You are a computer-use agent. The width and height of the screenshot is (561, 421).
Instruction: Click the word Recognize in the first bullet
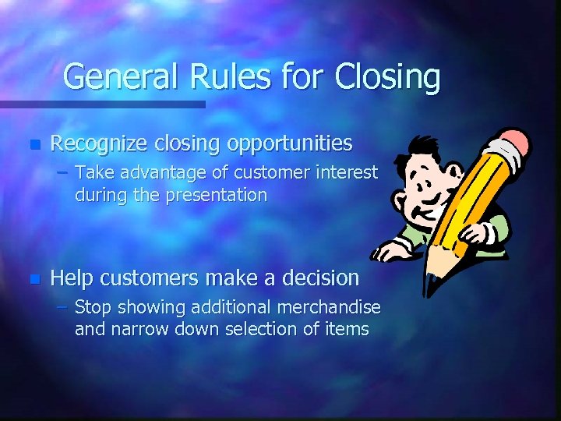tap(99, 144)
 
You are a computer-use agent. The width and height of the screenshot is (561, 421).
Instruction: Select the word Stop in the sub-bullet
tap(92, 307)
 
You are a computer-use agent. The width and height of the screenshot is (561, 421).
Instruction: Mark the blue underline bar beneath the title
tap(102, 104)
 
